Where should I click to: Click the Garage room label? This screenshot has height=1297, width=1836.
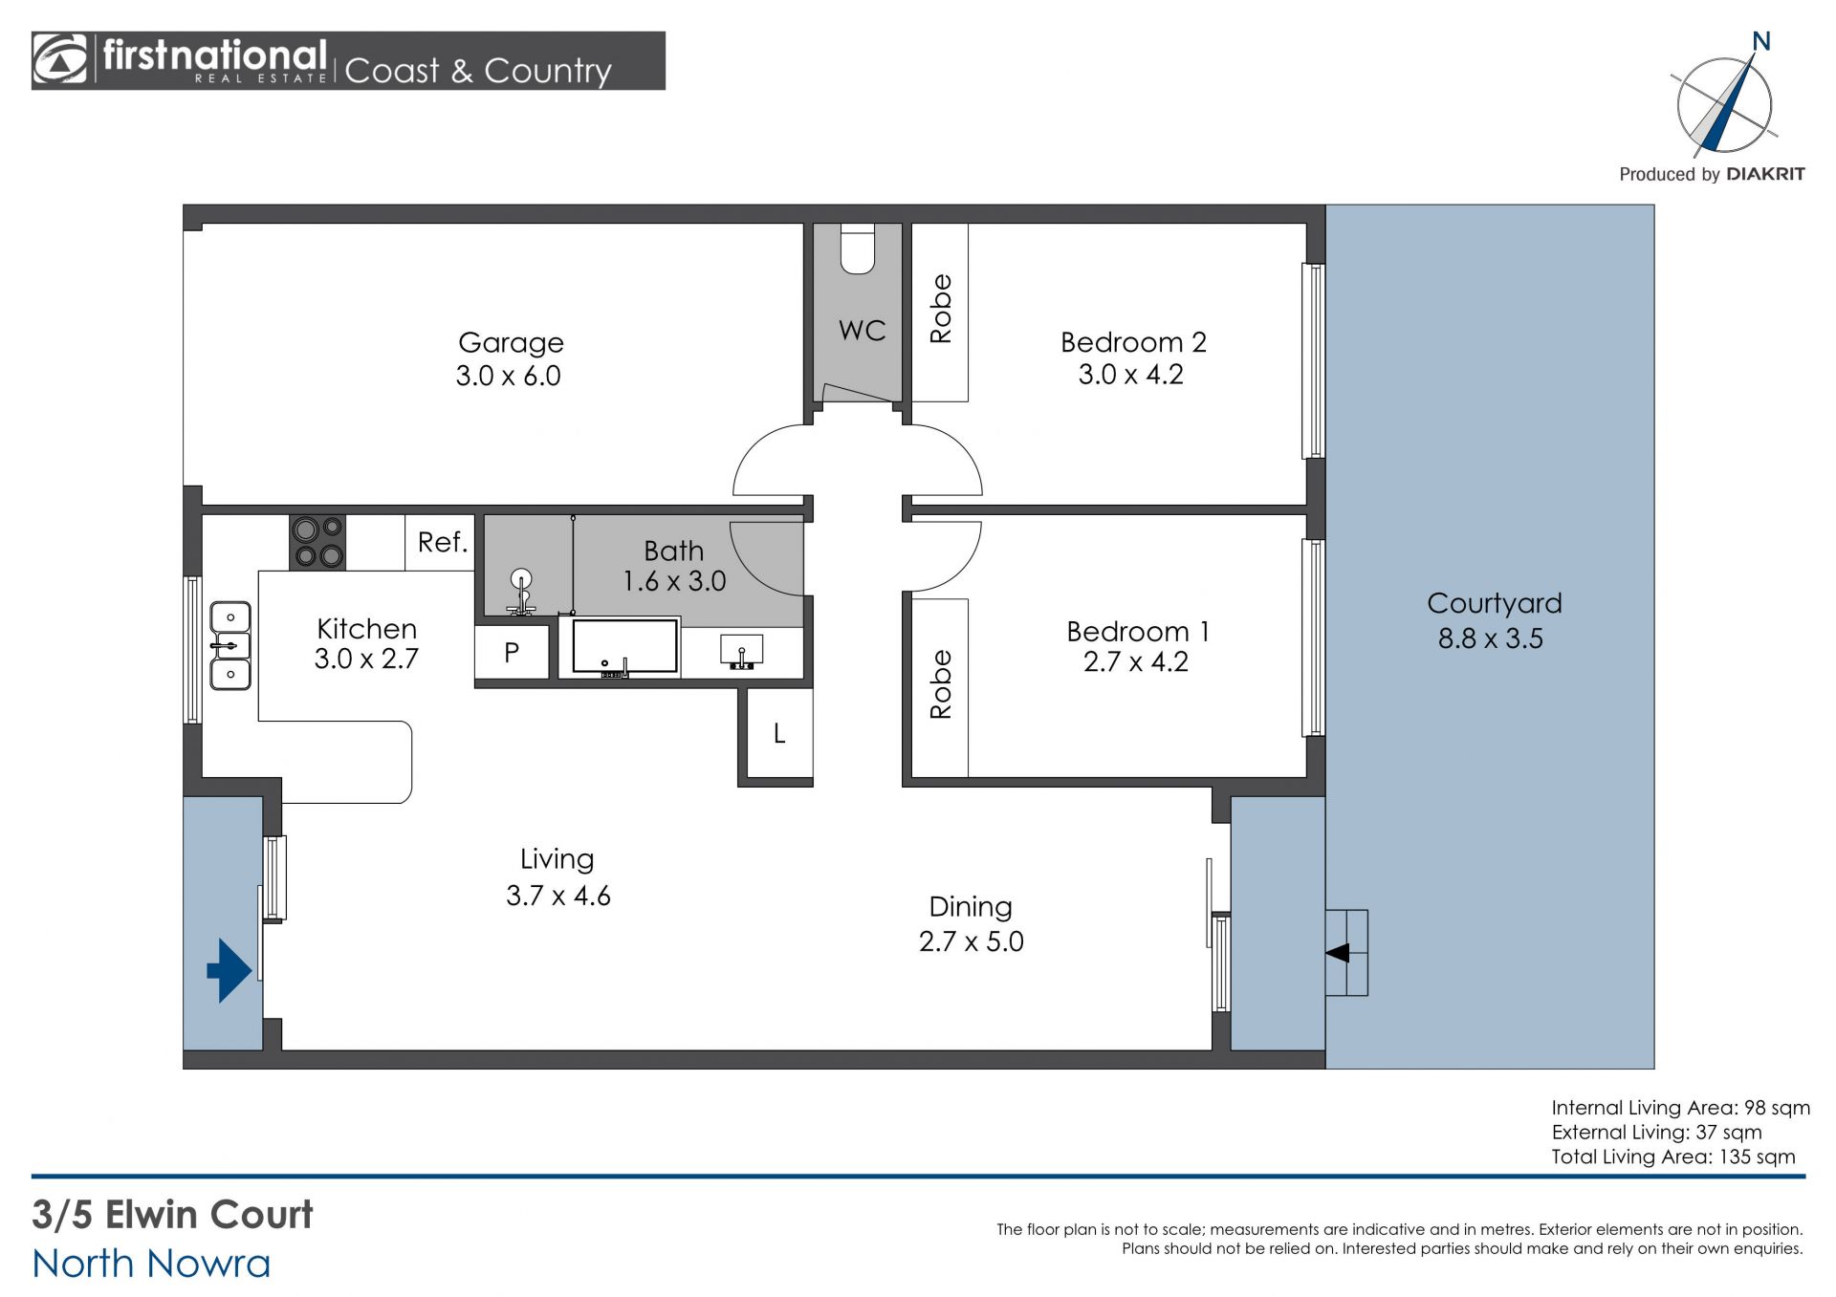point(511,342)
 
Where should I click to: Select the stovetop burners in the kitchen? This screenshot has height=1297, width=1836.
point(317,543)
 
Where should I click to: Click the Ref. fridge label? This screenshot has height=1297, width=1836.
point(443,542)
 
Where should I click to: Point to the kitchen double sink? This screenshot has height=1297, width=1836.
point(229,645)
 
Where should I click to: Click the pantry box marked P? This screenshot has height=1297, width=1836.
point(512,652)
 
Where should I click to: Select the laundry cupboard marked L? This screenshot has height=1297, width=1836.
point(779,733)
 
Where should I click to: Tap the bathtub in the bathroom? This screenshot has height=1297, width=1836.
point(624,648)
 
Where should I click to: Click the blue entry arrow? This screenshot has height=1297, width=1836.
point(229,970)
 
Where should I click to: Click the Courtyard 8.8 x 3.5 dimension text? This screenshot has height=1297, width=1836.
point(1491,638)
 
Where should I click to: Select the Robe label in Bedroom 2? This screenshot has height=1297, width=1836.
point(941,309)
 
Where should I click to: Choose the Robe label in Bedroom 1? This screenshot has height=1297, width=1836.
point(941,684)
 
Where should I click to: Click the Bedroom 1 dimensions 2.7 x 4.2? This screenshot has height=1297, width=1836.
point(1136,661)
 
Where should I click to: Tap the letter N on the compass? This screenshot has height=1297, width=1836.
point(1760,41)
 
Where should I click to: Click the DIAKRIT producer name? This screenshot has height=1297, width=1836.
point(1765,174)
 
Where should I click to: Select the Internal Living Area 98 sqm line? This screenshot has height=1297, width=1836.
point(1680,1108)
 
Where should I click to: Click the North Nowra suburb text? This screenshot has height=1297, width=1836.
point(151,1264)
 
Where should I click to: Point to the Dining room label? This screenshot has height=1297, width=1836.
point(971,906)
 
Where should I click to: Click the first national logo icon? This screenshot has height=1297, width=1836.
point(60,59)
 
